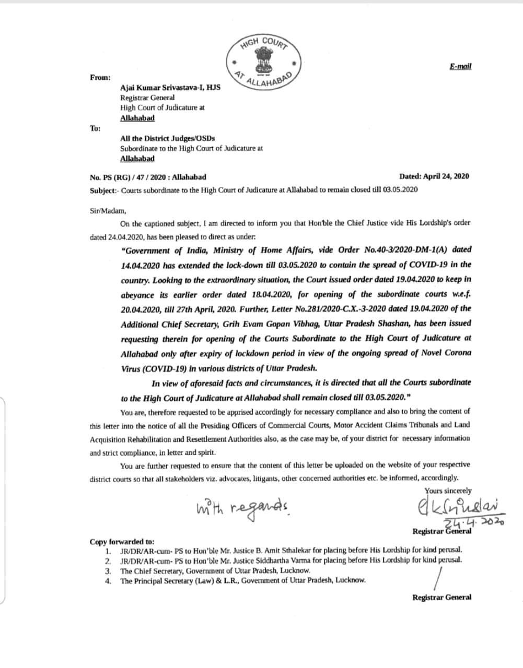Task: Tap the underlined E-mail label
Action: (460, 66)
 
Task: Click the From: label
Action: (100, 77)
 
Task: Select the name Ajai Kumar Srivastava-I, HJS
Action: (170, 88)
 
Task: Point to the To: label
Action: (96, 128)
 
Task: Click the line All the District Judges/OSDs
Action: (167, 138)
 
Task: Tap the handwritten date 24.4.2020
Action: (473, 522)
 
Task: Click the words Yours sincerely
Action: (448, 491)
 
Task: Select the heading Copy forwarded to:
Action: (122, 542)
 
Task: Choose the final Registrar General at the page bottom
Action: (441, 598)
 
